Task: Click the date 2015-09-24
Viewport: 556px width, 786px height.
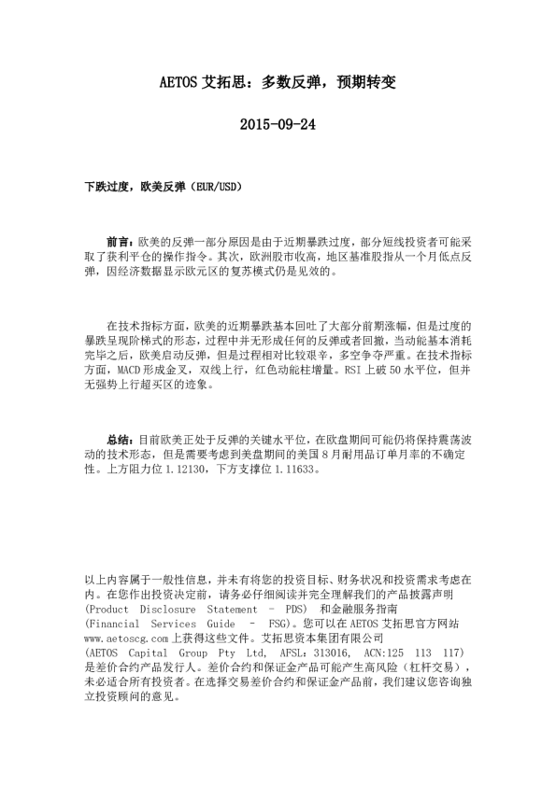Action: [278, 124]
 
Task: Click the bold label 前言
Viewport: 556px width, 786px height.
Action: [120, 241]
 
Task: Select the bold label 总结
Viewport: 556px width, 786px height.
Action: [120, 439]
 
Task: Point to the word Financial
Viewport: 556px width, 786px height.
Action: [116, 624]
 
